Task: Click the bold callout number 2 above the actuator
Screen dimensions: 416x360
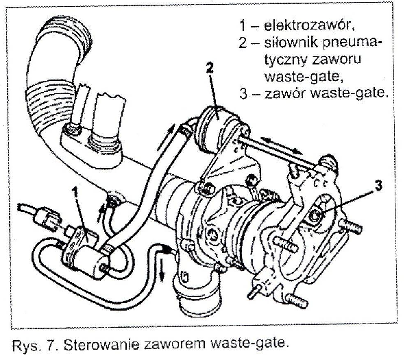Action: coord(210,67)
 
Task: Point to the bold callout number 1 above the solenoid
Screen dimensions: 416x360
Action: coord(76,192)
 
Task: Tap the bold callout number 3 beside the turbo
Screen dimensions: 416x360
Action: coord(378,185)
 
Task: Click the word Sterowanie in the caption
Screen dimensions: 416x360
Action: coord(101,345)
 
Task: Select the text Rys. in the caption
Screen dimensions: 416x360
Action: coord(25,346)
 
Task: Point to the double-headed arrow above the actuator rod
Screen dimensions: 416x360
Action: coord(282,145)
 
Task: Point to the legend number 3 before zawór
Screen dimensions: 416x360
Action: coord(243,94)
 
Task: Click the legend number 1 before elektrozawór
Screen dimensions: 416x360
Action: coord(243,25)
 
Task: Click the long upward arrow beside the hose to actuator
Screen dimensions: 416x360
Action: coord(166,137)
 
